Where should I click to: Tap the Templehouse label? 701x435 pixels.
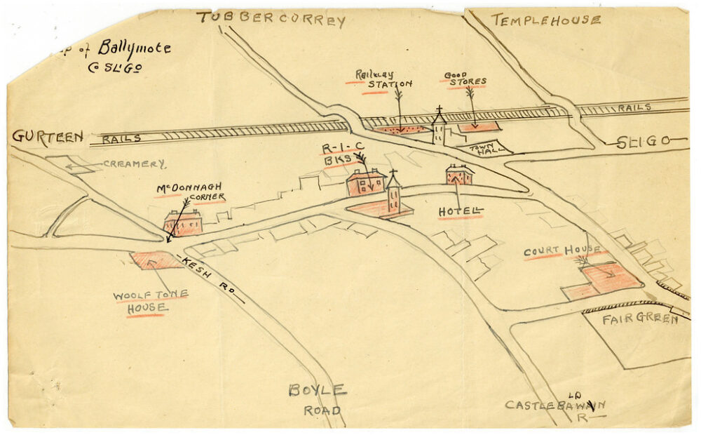coord(545,20)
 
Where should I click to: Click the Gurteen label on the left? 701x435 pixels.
coord(47,137)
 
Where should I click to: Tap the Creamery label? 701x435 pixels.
coord(134,164)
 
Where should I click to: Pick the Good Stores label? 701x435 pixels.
coord(464,78)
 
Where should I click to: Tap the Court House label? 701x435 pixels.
coord(562,250)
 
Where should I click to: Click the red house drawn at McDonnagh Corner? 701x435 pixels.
coord(184,224)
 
